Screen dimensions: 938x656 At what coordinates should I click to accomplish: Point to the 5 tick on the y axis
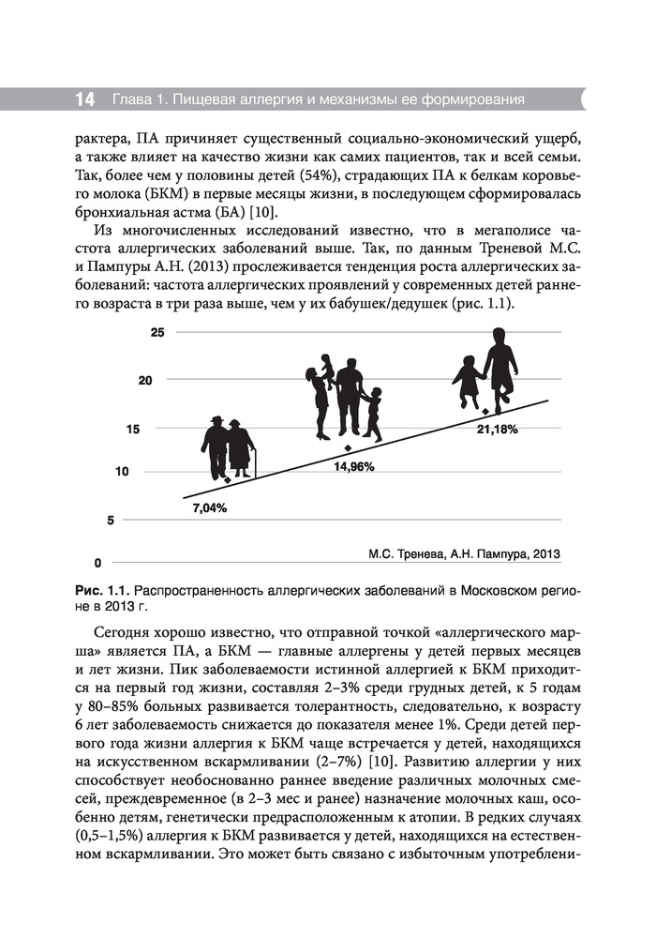coord(111,520)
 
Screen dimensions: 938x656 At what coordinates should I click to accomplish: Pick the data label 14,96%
coord(354,466)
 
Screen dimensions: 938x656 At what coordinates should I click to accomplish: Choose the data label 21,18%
coord(498,429)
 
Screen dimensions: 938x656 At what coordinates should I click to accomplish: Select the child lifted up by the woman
coord(327,371)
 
